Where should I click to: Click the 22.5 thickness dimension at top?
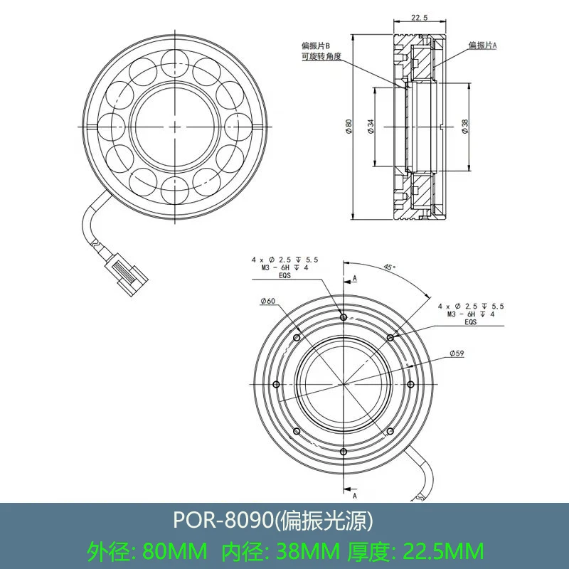420,17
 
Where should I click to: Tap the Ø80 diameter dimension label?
349,127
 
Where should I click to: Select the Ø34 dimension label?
371,127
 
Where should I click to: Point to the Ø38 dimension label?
465,127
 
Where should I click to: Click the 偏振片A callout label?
483,46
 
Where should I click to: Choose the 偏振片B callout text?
316,46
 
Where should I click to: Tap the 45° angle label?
390,267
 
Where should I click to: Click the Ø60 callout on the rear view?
268,301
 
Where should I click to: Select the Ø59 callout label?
457,353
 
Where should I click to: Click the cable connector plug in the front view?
127,275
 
